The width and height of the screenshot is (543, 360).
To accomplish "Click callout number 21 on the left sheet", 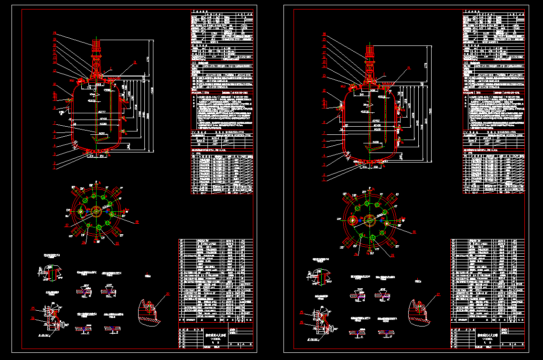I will [x=135, y=62].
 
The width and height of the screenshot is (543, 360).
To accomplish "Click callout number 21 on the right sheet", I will [x=409, y=68].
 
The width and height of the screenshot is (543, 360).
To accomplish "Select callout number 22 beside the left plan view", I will [x=137, y=222].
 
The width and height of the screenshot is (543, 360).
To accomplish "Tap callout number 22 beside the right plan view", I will [x=414, y=232].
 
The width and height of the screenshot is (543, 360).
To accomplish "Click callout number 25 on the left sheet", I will [x=33, y=308].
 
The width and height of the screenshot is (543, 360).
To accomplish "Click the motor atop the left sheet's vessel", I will [x=96, y=45].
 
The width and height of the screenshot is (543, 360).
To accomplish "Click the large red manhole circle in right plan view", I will [x=353, y=220].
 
